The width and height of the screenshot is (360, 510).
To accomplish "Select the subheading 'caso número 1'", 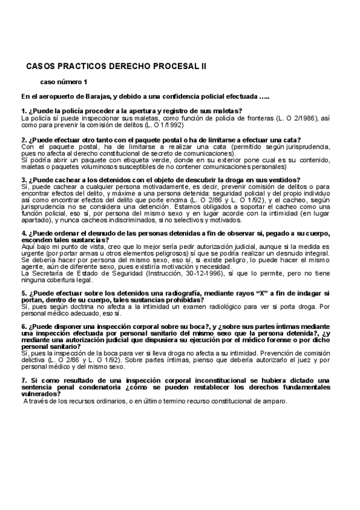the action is pyautogui.click(x=64, y=81).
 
